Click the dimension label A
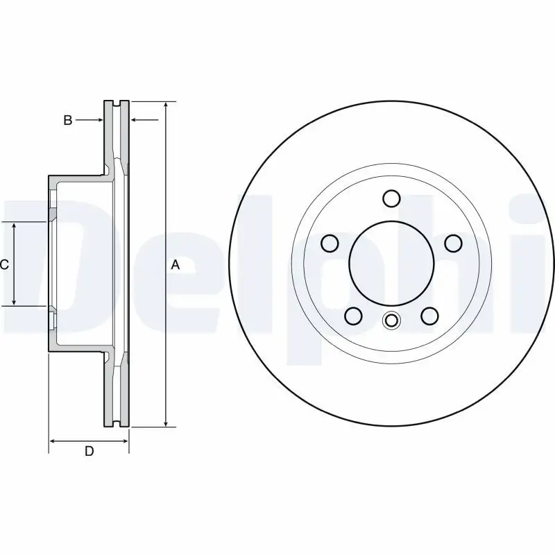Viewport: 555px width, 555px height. (x=176, y=264)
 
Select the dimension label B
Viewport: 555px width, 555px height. (x=68, y=121)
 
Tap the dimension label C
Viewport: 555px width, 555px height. (x=4, y=264)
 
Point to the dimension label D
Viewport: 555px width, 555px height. (x=89, y=452)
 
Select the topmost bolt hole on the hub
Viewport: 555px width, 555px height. (x=391, y=198)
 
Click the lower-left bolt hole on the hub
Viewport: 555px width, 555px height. (x=353, y=316)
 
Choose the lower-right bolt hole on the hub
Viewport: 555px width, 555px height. (x=429, y=316)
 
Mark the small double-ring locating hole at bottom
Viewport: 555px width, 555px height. (x=391, y=321)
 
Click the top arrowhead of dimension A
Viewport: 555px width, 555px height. (x=166, y=106)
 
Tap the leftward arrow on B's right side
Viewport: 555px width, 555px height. (x=135, y=121)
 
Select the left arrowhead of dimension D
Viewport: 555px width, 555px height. (x=53, y=441)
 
